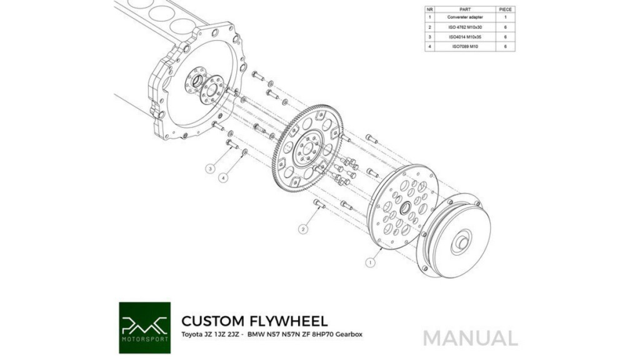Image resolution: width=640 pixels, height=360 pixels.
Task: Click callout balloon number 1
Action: (370, 262)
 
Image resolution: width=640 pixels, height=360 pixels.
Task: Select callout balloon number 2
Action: (303, 229)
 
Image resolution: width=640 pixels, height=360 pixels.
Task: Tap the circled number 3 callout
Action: (211, 168)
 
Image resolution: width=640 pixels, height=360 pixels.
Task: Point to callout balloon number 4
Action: (223, 177)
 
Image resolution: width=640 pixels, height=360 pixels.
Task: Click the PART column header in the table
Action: (465, 9)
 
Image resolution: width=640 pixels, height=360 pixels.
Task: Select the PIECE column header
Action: (505, 9)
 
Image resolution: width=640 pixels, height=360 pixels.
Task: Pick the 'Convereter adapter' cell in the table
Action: (465, 17)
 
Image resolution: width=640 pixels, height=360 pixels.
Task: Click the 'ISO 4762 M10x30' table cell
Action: (465, 27)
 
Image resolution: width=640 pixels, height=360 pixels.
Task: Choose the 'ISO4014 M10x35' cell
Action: (465, 37)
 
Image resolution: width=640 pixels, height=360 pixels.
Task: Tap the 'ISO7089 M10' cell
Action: (465, 46)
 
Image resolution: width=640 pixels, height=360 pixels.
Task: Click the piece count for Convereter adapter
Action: (505, 17)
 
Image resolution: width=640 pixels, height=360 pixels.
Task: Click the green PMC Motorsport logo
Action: (145, 327)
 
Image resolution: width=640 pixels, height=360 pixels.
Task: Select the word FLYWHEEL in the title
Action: (287, 321)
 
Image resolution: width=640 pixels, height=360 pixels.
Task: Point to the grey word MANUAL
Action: (471, 339)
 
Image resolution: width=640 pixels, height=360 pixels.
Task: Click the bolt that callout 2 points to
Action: (319, 203)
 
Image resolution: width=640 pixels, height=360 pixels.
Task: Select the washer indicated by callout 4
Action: (244, 152)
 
